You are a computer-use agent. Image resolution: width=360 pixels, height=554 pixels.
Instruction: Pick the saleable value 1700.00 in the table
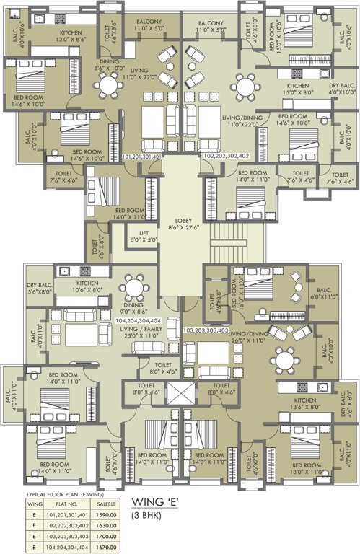116,536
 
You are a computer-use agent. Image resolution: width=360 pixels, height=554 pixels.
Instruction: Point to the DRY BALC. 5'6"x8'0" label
41,289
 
